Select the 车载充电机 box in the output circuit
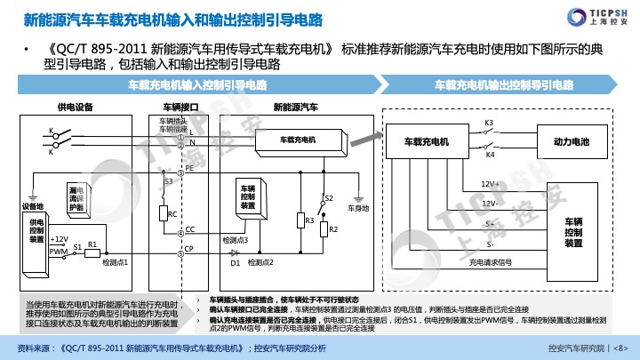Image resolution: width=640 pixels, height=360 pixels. coord(427,141)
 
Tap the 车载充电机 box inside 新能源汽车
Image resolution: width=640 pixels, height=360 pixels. coord(297,140)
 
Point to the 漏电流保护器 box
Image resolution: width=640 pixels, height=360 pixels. coord(77,198)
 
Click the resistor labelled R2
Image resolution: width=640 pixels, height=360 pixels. coord(323,229)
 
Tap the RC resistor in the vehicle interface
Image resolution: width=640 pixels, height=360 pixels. coord(163,213)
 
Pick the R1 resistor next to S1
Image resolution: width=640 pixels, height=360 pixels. coord(92,252)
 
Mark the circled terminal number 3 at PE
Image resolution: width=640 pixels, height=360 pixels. coord(181,167)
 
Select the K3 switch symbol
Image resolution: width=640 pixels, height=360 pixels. coord(489,131)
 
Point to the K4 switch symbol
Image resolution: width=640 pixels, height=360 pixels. coord(489,148)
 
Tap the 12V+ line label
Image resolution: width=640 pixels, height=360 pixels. coord(490,183)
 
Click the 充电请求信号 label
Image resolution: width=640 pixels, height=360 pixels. coord(491,262)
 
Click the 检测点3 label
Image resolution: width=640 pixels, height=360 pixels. coord(235,240)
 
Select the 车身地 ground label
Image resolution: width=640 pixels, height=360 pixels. coord(357,207)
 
